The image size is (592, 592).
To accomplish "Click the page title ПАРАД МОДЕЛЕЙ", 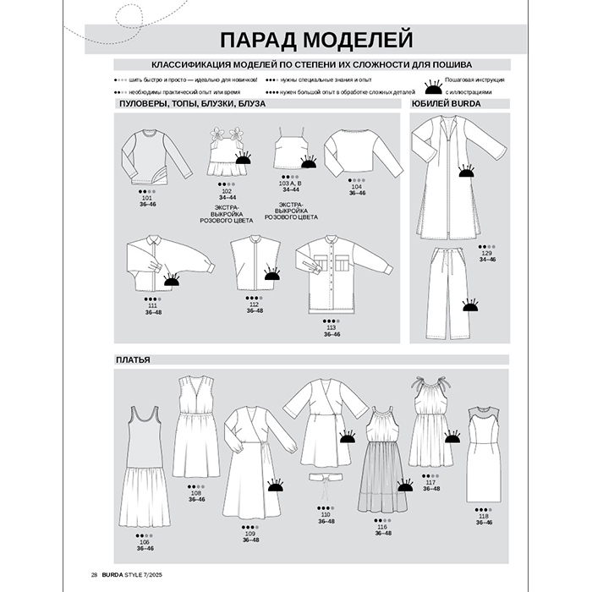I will (311, 40).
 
